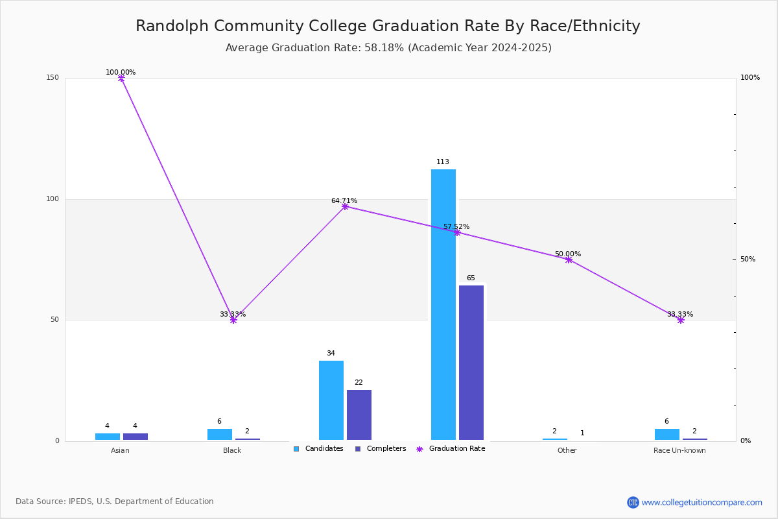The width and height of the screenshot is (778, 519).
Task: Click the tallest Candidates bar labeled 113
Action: [x=443, y=304]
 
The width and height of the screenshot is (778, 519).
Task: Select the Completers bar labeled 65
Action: [x=471, y=363]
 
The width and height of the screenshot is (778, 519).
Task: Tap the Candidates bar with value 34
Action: [x=331, y=400]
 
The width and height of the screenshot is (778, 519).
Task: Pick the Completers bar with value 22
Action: [x=359, y=415]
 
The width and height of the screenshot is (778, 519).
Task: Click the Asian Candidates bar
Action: [x=108, y=437]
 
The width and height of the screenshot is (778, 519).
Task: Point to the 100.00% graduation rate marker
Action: [x=121, y=78]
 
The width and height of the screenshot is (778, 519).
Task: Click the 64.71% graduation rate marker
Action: [x=345, y=206]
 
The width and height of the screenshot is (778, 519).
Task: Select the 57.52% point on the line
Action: [x=457, y=232]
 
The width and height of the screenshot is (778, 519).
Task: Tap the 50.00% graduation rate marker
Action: [x=569, y=259]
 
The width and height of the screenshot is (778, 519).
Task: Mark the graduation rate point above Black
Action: [x=233, y=320]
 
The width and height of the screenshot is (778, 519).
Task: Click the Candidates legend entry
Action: [x=318, y=449]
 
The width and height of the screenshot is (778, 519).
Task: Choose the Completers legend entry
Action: [x=381, y=449]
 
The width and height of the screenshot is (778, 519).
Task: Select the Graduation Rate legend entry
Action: [x=451, y=449]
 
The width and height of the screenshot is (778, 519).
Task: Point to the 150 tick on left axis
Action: [x=53, y=77]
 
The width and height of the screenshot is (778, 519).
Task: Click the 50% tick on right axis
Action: [x=748, y=259]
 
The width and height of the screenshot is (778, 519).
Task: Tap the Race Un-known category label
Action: [x=679, y=450]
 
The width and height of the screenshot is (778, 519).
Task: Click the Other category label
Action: [x=567, y=450]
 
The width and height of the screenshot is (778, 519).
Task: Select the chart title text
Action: [x=388, y=26]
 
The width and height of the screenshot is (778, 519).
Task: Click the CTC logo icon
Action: [x=633, y=502]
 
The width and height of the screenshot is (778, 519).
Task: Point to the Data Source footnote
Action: [x=115, y=501]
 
